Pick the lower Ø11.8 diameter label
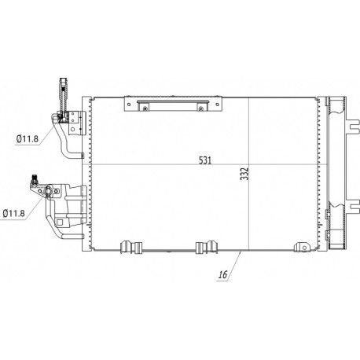17,211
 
